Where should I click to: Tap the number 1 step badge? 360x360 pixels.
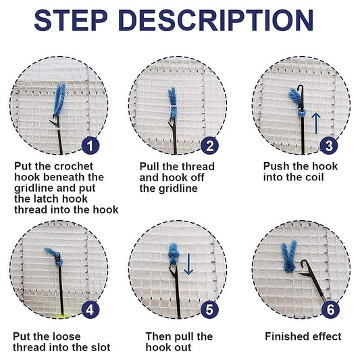pyautogui.click(x=91, y=145)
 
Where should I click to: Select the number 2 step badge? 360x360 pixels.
pyautogui.click(x=210, y=145)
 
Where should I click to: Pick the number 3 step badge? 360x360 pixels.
pyautogui.click(x=329, y=145)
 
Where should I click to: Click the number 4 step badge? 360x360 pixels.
pyautogui.click(x=91, y=310)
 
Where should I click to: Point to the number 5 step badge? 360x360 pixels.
pyautogui.click(x=210, y=310)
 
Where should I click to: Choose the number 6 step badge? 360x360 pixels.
pyautogui.click(x=329, y=310)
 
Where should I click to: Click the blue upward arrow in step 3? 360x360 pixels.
pyautogui.click(x=315, y=123)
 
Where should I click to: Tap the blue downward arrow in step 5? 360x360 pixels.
pyautogui.click(x=189, y=263)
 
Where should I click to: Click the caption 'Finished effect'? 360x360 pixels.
pyautogui.click(x=303, y=336)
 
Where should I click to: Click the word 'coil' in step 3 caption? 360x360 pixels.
pyautogui.click(x=309, y=177)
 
